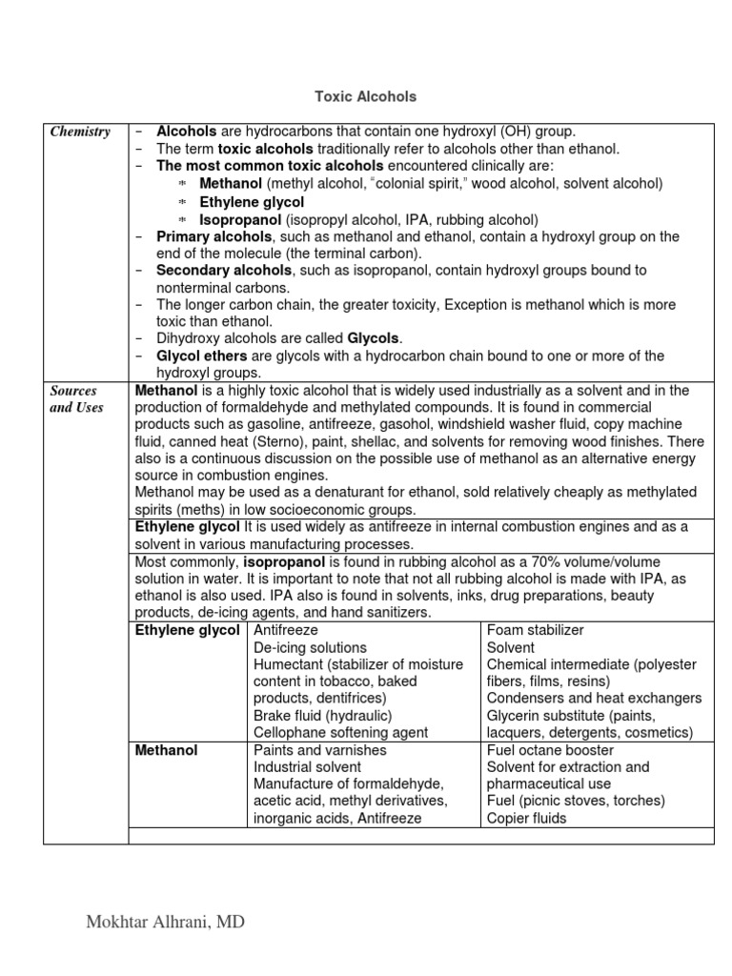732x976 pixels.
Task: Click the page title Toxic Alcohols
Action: coord(366,97)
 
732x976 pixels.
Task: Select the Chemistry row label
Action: coord(80,132)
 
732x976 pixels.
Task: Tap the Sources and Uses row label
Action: coord(75,399)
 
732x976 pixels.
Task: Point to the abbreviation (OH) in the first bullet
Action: coord(512,132)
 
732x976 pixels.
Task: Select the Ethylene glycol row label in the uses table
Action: coord(187,630)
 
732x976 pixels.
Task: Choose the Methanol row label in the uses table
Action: coord(167,750)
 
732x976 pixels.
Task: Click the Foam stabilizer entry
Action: coord(535,630)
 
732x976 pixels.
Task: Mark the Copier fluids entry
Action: coord(526,818)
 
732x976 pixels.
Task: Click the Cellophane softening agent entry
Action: coord(340,732)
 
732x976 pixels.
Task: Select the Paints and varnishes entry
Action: coord(320,750)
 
